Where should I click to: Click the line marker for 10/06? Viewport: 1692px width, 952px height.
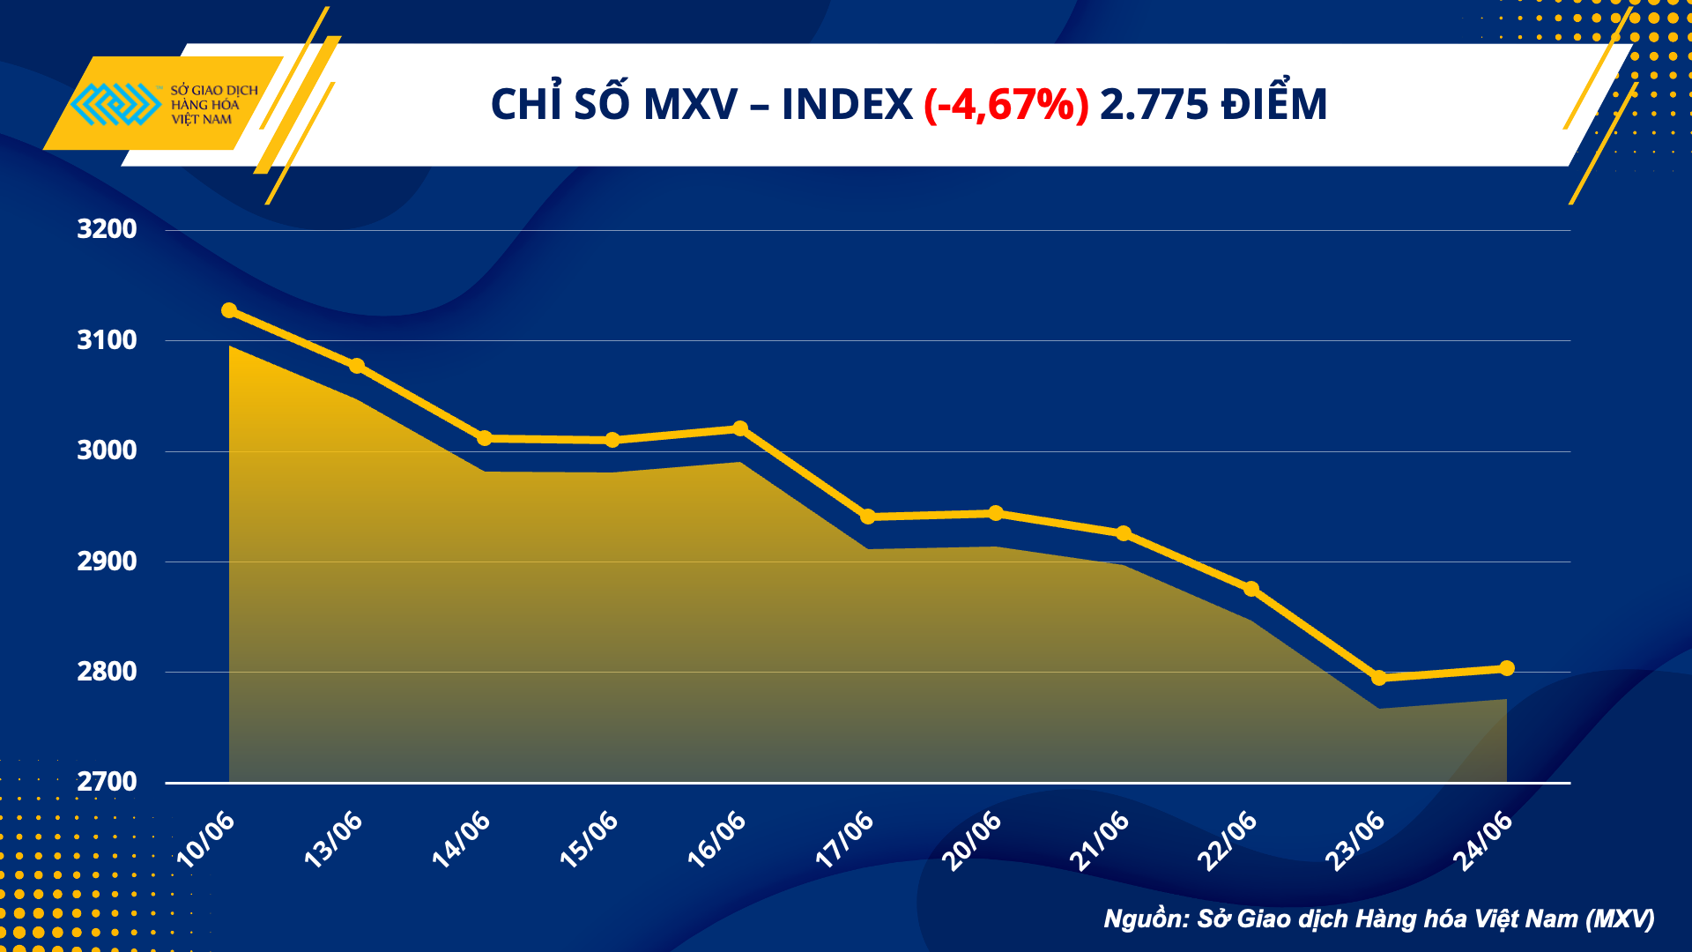pos(229,310)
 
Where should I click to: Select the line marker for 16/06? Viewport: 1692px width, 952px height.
pos(740,428)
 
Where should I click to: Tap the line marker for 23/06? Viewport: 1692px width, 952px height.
pos(1379,678)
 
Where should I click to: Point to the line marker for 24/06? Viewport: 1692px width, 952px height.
pos(1507,668)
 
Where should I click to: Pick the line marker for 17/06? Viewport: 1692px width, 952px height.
pos(868,517)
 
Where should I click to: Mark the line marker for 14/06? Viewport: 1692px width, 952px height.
pos(485,438)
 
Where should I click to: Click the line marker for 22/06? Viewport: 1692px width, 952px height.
pos(1251,589)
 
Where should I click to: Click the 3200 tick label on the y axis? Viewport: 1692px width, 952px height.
pos(107,229)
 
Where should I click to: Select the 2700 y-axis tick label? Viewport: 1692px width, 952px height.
pos(107,782)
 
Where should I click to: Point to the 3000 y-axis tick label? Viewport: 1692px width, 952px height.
pos(107,450)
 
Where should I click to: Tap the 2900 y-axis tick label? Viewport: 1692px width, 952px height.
pos(107,562)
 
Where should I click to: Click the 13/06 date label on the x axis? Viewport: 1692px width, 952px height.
pos(333,839)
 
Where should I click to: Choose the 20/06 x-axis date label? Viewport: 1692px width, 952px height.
pos(972,839)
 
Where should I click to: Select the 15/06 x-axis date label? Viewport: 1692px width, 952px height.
pos(589,839)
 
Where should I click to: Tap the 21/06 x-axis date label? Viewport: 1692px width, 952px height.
pos(1100,839)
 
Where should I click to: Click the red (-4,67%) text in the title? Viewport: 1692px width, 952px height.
pos(1006,105)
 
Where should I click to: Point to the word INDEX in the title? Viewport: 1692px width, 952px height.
pos(847,105)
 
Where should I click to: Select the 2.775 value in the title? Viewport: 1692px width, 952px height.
pos(1154,105)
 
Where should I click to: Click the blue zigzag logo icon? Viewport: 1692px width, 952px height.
pos(115,104)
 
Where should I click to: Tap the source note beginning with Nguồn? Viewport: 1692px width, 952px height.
pos(1378,919)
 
